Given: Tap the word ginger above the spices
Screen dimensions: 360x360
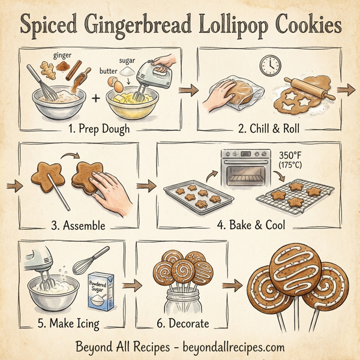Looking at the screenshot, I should (62, 55).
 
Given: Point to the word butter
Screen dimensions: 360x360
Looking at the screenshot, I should (107, 70).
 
